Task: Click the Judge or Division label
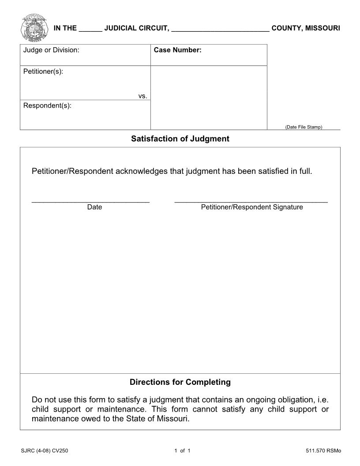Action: [x=51, y=50]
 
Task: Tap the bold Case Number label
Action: [x=177, y=50]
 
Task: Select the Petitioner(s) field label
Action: [x=43, y=71]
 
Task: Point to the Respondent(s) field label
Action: [x=47, y=106]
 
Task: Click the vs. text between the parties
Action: [x=142, y=96]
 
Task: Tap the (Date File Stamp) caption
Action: [x=304, y=127]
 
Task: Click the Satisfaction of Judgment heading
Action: [x=180, y=139]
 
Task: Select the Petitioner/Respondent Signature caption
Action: [x=252, y=207]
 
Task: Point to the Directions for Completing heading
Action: [x=180, y=382]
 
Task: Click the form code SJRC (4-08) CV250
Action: [x=44, y=451]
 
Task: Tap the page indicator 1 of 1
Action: [x=182, y=451]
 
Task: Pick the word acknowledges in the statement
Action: [x=142, y=171]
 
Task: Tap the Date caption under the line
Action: [x=94, y=207]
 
